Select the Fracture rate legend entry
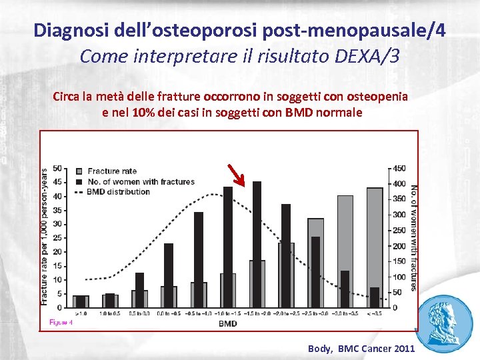[x=111, y=171]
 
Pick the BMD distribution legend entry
[x=118, y=192]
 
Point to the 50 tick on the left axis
[x=58, y=168]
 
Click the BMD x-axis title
[x=227, y=324]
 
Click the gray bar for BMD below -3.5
[x=375, y=247]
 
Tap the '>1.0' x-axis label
[x=81, y=313]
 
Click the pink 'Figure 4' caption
[x=61, y=323]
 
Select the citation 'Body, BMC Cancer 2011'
[x=361, y=349]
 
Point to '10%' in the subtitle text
[x=145, y=113]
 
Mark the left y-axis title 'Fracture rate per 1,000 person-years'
[x=44, y=237]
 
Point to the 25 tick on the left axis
[x=58, y=238]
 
